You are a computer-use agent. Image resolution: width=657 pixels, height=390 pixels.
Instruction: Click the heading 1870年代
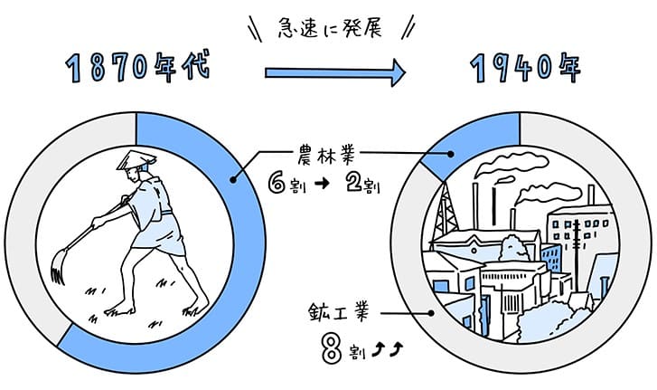(x=137, y=67)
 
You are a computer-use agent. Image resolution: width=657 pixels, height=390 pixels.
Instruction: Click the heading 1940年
(x=525, y=67)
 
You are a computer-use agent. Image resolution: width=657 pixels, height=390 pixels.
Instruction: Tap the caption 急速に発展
(x=330, y=29)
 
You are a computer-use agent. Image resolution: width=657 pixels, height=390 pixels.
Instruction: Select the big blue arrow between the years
(x=335, y=73)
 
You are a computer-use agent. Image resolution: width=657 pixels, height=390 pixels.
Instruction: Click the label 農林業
(x=326, y=155)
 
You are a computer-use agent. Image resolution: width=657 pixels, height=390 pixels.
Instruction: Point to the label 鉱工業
(x=339, y=312)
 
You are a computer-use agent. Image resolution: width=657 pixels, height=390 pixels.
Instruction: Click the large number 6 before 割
(x=277, y=183)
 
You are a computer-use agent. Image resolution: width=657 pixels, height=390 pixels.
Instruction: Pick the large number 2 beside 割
(x=354, y=183)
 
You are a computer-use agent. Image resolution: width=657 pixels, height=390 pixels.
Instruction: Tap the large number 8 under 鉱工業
(x=332, y=348)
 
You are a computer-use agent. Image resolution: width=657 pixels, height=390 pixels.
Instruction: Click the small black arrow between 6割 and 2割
(x=322, y=184)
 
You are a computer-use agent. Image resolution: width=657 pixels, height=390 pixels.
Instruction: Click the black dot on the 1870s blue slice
(x=233, y=180)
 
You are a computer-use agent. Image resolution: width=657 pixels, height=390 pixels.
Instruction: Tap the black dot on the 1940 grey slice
(x=431, y=313)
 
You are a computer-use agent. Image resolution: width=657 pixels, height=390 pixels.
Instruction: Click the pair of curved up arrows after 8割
(x=388, y=349)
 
